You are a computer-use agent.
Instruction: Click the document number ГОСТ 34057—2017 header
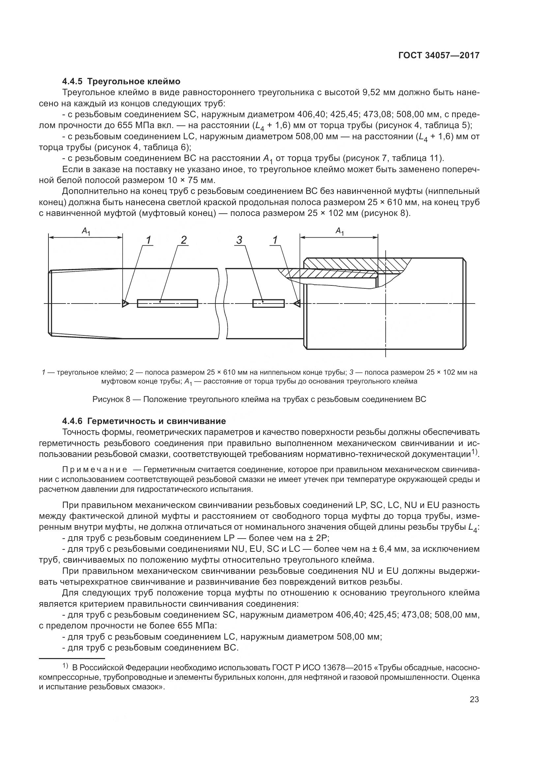(439, 55)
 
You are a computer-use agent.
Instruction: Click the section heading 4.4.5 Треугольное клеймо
(121, 82)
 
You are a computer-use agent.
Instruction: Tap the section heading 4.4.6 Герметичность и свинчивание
(144, 421)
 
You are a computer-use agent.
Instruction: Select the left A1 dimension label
(86, 231)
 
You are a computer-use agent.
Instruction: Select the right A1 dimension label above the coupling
(340, 231)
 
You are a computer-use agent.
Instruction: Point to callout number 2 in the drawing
(184, 240)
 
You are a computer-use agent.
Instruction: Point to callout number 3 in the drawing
(239, 240)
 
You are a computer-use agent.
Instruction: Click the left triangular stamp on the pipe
(125, 304)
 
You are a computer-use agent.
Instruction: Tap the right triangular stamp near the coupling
(297, 304)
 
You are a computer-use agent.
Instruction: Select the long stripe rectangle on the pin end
(167, 304)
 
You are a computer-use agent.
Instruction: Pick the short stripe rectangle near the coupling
(268, 304)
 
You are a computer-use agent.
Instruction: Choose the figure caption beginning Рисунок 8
(259, 399)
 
